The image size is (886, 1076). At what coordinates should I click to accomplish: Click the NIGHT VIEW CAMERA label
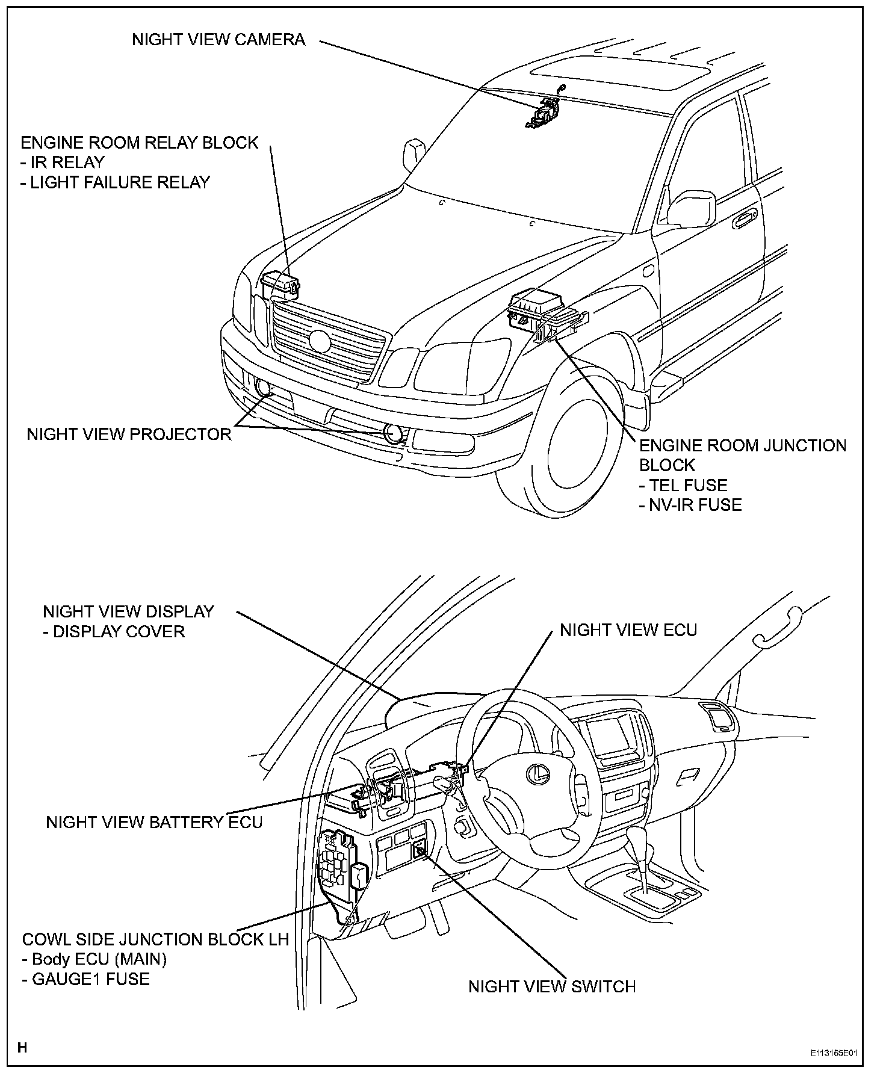tap(218, 40)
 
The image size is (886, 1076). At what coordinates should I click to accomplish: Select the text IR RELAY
tap(63, 162)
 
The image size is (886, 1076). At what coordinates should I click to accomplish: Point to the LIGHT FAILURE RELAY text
tap(116, 182)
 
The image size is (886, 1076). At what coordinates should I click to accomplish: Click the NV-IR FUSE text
tap(690, 504)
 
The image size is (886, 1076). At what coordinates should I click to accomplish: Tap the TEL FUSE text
tap(683, 485)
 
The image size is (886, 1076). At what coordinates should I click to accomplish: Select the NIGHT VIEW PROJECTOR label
tap(129, 434)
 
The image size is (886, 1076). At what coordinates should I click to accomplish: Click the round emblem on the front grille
tap(319, 341)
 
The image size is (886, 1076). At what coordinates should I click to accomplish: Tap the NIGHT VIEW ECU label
tap(628, 630)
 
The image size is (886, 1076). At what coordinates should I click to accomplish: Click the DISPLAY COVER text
tap(114, 631)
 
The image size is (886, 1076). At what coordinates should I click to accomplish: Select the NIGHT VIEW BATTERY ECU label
tap(154, 822)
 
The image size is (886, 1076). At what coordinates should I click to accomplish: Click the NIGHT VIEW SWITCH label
tap(552, 986)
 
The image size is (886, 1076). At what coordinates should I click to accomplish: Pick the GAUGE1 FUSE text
tap(86, 979)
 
